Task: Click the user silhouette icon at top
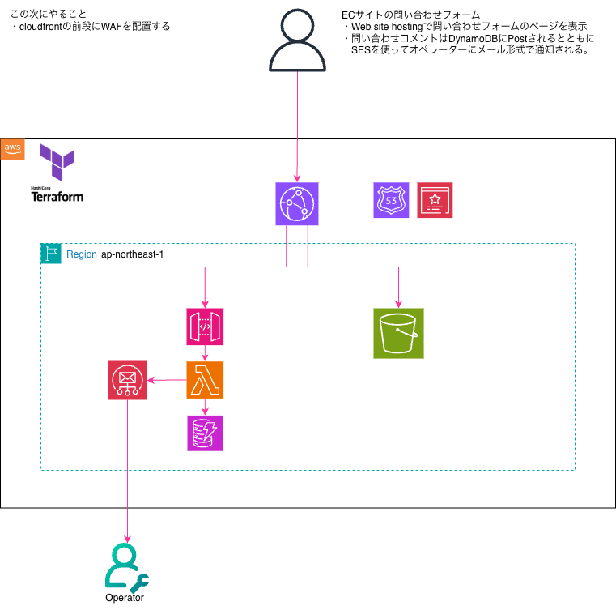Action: click(297, 40)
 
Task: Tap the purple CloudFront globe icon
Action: click(297, 203)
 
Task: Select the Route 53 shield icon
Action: click(391, 200)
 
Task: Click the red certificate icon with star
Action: click(435, 200)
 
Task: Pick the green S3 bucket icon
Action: click(398, 333)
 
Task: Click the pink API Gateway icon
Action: click(205, 326)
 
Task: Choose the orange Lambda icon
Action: click(205, 380)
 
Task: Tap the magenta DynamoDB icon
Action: click(205, 433)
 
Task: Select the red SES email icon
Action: click(127, 380)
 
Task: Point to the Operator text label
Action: click(125, 598)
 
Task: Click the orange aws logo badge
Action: click(13, 148)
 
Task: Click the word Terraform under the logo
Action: click(57, 196)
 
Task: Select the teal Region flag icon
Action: click(51, 254)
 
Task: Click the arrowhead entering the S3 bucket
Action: click(398, 303)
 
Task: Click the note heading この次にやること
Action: click(49, 14)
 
